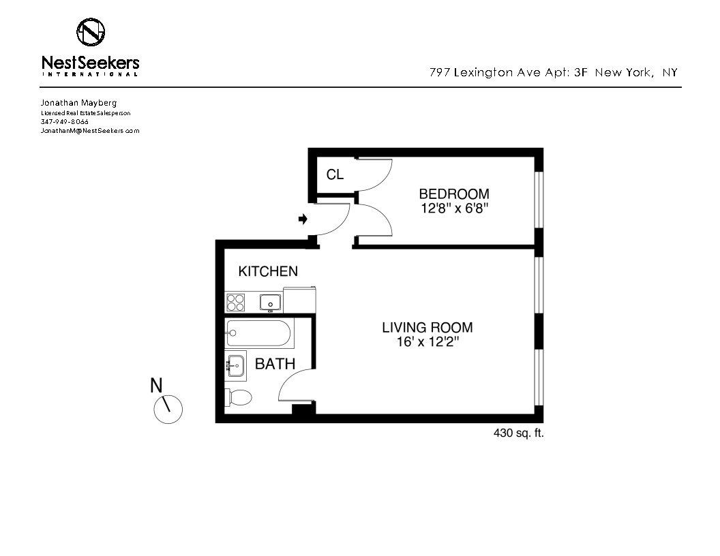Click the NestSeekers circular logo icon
(x=91, y=31)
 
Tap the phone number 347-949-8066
(x=64, y=121)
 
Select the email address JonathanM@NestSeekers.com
(x=90, y=131)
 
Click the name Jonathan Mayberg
(x=78, y=103)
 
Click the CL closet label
(x=335, y=174)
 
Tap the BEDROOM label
(x=454, y=194)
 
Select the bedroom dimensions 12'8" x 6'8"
(x=454, y=208)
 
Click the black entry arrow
(x=303, y=219)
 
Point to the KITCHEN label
(x=268, y=271)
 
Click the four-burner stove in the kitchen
(x=235, y=303)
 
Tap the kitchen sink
(x=271, y=303)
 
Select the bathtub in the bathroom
(x=260, y=333)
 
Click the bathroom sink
(x=236, y=366)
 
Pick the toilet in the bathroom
(x=239, y=397)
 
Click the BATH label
(x=275, y=364)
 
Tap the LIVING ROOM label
(x=427, y=328)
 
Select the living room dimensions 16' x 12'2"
(x=428, y=342)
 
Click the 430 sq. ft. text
(x=518, y=433)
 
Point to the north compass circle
(x=168, y=409)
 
